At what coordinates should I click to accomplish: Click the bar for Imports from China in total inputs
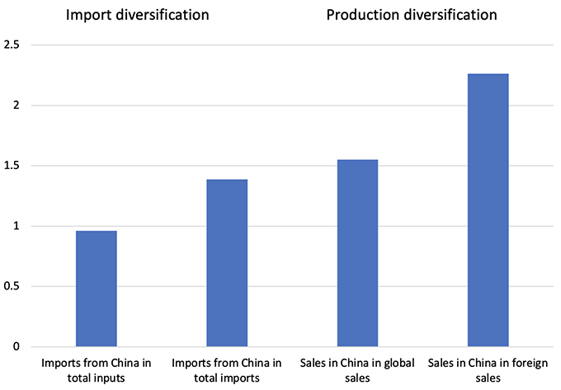tap(97, 289)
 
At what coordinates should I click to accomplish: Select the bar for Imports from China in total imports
tap(227, 263)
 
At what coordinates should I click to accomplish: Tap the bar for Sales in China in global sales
tap(357, 253)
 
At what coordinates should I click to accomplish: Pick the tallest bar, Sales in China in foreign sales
tap(488, 210)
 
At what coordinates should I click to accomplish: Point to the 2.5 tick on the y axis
tap(12, 45)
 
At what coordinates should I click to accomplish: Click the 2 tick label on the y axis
tap(16, 106)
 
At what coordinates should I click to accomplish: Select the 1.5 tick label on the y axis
tap(12, 166)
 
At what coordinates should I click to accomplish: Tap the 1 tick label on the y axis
tap(16, 226)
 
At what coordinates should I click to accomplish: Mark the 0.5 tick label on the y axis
tap(12, 287)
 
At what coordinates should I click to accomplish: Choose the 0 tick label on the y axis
tap(16, 347)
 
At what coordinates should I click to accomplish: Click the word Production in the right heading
tap(361, 15)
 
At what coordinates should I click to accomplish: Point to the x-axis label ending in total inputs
tap(97, 369)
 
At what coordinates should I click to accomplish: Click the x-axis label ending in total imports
tap(227, 369)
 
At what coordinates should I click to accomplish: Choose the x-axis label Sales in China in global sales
tap(357, 369)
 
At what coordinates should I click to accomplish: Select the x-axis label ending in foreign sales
tap(488, 369)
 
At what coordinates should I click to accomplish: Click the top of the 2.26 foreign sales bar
tap(488, 75)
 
